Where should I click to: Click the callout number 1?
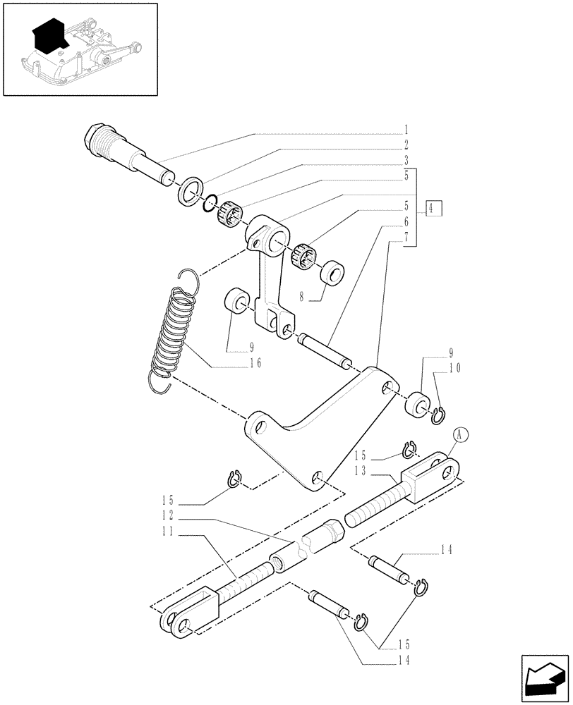[407, 130]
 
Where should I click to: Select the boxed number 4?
[434, 208]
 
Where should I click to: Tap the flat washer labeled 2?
[191, 193]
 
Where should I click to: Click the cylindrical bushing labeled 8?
[332, 271]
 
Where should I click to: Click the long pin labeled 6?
[324, 350]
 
